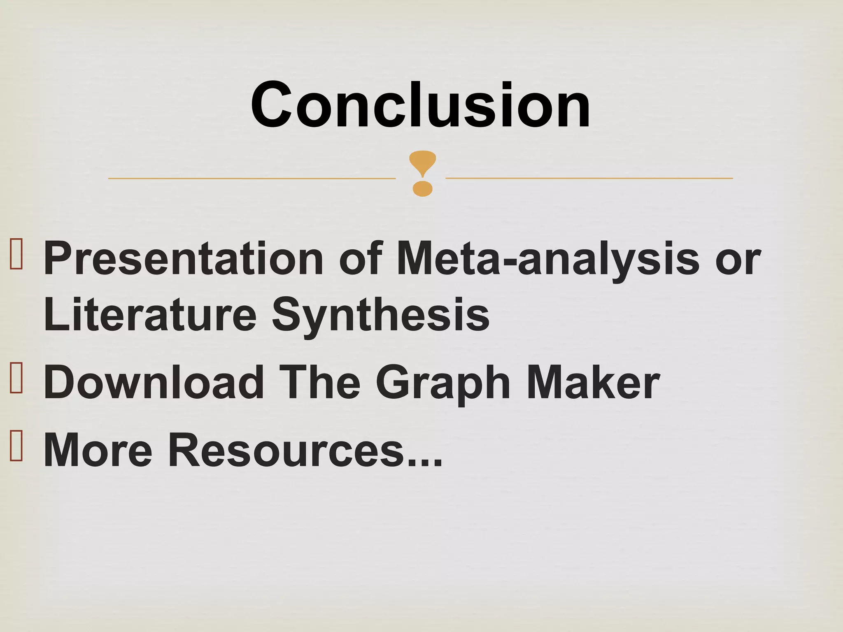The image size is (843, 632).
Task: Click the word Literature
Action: [150, 315]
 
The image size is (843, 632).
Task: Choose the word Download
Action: [154, 383]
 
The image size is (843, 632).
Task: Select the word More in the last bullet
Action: [98, 450]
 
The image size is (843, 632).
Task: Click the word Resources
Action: [286, 450]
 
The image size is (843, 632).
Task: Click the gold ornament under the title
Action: [422, 173]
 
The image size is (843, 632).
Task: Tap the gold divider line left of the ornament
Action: [252, 179]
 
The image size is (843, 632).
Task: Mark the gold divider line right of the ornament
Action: [589, 178]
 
